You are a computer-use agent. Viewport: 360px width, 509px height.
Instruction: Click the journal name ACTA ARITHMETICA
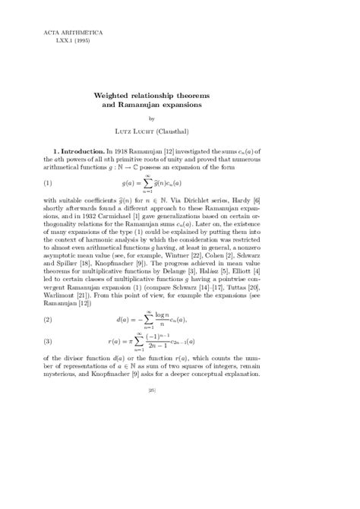tap(67, 34)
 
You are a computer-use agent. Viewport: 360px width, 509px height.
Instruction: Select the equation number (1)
tap(49, 205)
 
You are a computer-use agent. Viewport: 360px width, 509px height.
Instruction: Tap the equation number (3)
tap(49, 341)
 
